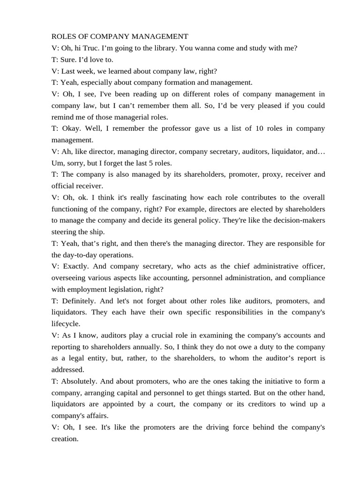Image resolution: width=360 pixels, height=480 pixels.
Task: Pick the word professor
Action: pos(176,128)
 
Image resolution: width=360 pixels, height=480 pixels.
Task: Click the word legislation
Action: pos(134,289)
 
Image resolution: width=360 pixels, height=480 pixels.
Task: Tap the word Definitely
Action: pos(76,301)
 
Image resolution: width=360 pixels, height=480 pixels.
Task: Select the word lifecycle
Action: pos(66,323)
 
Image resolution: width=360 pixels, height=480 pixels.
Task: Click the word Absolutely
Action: pos(77,381)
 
